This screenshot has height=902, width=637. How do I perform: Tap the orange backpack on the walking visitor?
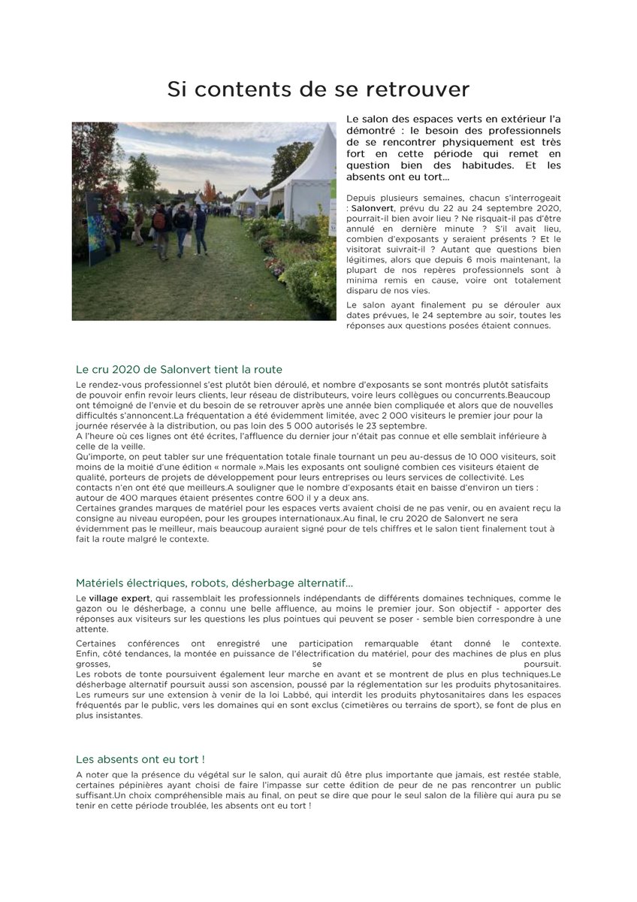coord(159,220)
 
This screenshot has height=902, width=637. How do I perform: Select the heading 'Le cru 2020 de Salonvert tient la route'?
coord(179,369)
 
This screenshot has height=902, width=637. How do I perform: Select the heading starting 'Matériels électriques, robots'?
coord(214,583)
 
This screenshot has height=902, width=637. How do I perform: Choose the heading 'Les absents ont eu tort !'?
coord(140,759)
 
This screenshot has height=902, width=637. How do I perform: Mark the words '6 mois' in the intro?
coord(459,259)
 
